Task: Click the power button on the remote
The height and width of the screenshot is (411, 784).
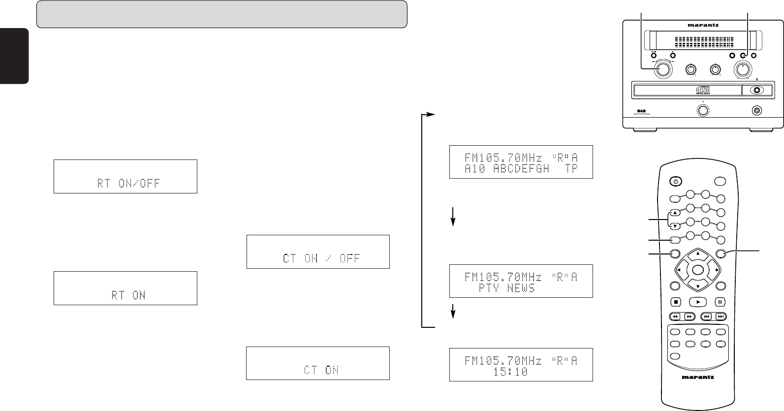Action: pyautogui.click(x=676, y=181)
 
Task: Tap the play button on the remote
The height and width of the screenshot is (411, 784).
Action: pyautogui.click(x=698, y=302)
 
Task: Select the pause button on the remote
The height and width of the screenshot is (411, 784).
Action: pyautogui.click(x=720, y=302)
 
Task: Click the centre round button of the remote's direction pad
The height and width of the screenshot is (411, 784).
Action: pyautogui.click(x=697, y=270)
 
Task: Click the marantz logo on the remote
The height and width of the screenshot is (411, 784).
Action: pyautogui.click(x=697, y=378)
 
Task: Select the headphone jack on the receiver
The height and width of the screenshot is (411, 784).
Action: pyautogui.click(x=757, y=110)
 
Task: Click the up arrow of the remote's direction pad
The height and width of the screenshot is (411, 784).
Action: pyautogui.click(x=697, y=254)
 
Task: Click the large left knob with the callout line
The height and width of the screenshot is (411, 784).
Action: pyautogui.click(x=662, y=70)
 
